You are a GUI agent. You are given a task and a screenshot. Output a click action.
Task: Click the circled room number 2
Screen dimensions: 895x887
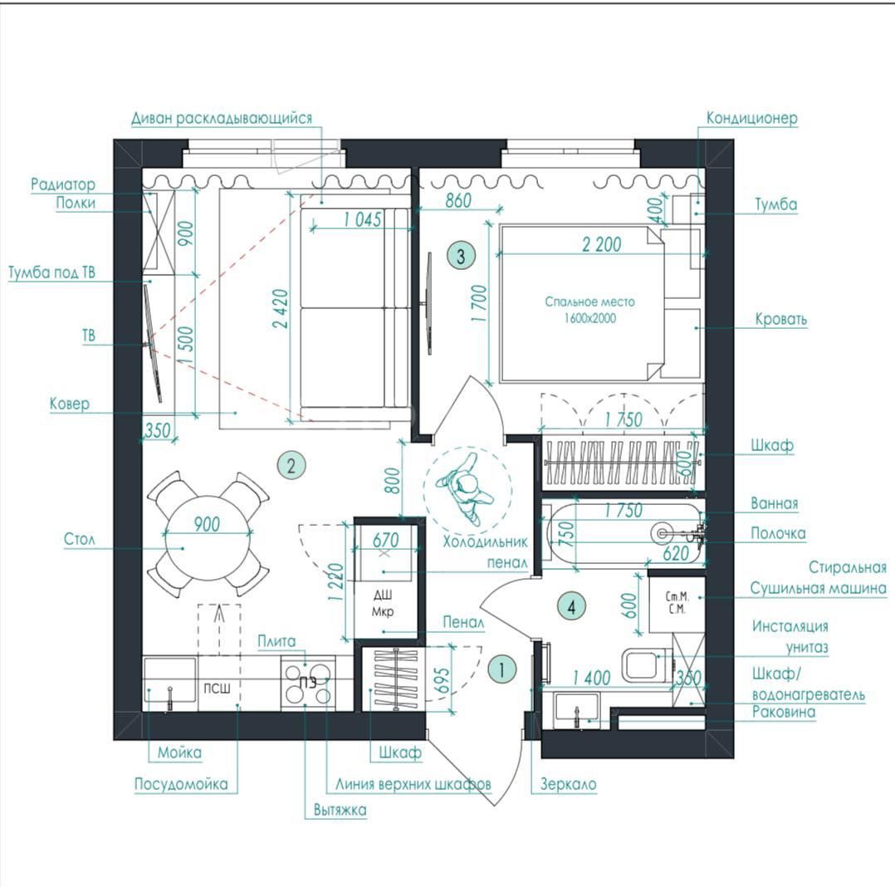(x=291, y=465)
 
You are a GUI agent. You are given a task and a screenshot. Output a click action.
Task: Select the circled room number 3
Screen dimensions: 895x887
(x=462, y=255)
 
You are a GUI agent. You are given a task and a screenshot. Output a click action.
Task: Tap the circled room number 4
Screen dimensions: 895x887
(x=572, y=606)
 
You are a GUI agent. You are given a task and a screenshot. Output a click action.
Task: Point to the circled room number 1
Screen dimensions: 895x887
(x=501, y=669)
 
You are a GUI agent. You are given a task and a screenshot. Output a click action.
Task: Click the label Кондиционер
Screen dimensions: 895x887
(x=751, y=118)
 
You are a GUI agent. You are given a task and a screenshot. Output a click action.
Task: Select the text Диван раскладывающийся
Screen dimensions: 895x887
(x=222, y=118)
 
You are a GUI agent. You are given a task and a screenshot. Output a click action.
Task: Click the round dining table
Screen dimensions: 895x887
(x=208, y=534)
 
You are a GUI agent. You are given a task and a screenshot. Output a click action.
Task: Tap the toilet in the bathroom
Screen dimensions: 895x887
(x=648, y=665)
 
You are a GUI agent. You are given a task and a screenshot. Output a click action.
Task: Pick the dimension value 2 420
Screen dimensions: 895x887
(x=281, y=309)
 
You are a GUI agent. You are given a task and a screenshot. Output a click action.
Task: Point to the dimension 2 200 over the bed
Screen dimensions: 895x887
(x=602, y=244)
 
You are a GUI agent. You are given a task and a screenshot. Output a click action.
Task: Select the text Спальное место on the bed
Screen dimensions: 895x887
(x=589, y=301)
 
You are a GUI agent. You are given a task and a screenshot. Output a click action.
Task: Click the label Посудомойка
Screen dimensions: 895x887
(x=181, y=784)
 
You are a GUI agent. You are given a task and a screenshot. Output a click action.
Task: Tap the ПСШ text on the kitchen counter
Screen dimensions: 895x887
(x=217, y=689)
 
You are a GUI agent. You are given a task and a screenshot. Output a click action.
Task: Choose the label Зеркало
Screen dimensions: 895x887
(x=569, y=784)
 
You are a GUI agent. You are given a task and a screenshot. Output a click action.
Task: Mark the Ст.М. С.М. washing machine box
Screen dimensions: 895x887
(x=677, y=605)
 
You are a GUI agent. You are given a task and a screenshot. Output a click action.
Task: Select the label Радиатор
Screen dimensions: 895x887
(x=63, y=184)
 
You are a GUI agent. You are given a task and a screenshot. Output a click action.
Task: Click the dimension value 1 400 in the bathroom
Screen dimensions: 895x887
(x=592, y=678)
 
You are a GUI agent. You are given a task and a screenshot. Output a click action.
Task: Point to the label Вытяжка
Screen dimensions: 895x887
(x=340, y=810)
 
